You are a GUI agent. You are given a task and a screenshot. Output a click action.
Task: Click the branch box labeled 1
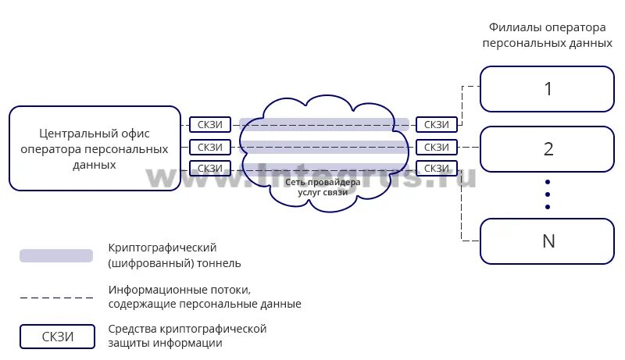click(x=547, y=89)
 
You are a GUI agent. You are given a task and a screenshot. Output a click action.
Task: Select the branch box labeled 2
click(x=547, y=148)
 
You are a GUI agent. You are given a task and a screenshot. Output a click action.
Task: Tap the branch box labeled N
click(x=547, y=241)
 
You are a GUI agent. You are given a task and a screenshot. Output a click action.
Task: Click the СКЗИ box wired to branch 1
click(x=437, y=125)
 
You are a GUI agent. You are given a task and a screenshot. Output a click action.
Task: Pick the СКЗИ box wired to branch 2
click(x=437, y=147)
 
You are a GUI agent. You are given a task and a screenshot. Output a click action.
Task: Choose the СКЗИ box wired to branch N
click(x=437, y=168)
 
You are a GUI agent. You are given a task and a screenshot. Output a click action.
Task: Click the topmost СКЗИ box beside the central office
click(x=210, y=125)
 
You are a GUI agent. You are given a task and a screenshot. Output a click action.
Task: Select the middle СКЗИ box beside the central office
click(x=210, y=147)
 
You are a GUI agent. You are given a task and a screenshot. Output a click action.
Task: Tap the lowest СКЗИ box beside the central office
click(x=210, y=168)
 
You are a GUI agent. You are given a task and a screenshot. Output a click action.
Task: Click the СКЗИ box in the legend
click(x=58, y=337)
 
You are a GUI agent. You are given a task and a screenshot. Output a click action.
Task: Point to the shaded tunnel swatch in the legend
click(x=56, y=255)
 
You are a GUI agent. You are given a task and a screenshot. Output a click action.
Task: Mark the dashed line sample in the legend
click(x=56, y=298)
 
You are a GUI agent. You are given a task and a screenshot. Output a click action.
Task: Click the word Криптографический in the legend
click(x=162, y=248)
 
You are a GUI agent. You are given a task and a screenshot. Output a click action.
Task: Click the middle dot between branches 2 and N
click(x=548, y=193)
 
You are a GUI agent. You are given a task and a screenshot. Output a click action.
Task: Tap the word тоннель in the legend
click(x=216, y=263)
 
